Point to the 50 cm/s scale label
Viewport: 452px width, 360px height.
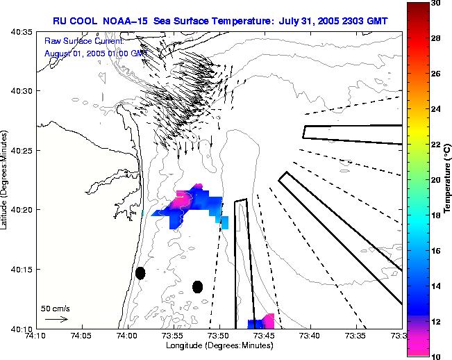tap(56, 308)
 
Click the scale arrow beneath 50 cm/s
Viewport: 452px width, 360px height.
tap(56, 319)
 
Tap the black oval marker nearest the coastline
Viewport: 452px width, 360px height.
tap(140, 273)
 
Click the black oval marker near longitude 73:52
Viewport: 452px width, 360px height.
tap(197, 286)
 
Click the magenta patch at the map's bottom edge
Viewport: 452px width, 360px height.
tap(268, 320)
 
